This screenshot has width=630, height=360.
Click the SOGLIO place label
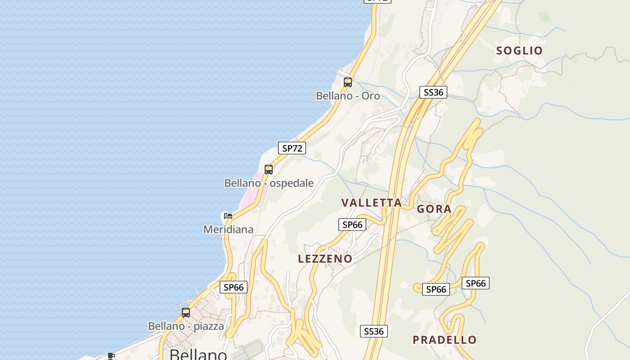519,50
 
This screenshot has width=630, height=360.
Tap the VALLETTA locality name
371,202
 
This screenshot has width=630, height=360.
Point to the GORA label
434,209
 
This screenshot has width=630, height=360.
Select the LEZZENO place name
325,259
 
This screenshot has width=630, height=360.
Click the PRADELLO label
445,340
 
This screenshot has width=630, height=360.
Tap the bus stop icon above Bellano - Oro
348,82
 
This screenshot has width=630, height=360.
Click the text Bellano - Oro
348,96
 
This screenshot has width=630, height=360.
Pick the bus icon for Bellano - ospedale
269,170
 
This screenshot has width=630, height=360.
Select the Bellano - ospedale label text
269,183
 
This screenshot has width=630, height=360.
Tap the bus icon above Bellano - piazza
186,313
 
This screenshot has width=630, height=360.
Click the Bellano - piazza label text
186,326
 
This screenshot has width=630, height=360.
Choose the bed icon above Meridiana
228,216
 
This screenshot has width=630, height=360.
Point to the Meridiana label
228,229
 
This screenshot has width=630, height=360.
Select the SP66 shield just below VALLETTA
352,225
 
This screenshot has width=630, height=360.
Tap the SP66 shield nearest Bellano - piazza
234,287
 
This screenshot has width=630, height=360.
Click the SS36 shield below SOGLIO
433,93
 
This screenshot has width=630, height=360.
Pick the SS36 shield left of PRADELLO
374,332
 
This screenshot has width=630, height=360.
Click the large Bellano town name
198,355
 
